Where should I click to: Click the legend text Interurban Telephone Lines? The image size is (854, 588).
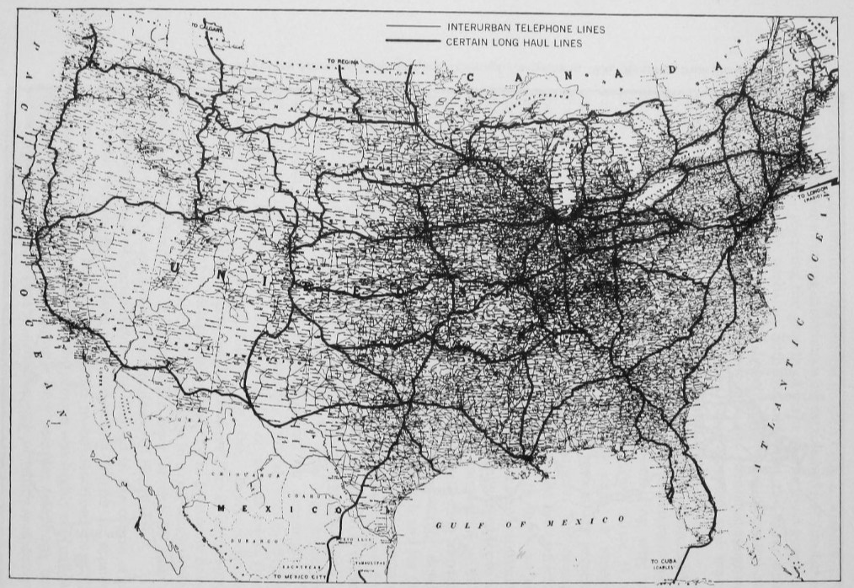point(526,29)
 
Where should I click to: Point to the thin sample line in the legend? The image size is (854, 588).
point(412,28)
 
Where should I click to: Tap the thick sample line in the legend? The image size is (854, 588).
point(412,41)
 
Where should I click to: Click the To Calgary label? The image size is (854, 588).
point(206,27)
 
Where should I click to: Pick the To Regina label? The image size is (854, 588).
point(342,61)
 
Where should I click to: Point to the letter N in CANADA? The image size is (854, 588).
point(567,75)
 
